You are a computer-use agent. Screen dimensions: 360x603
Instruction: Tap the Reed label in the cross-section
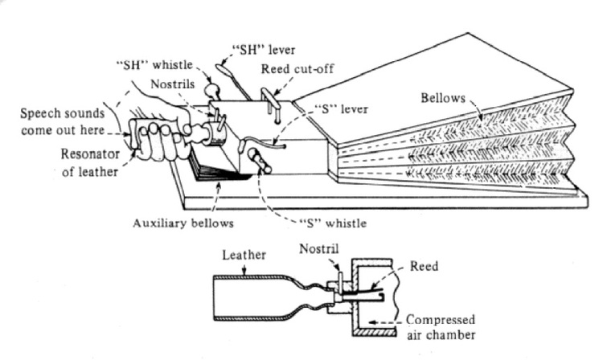click(x=425, y=264)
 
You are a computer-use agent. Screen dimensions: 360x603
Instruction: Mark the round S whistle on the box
click(x=256, y=154)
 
